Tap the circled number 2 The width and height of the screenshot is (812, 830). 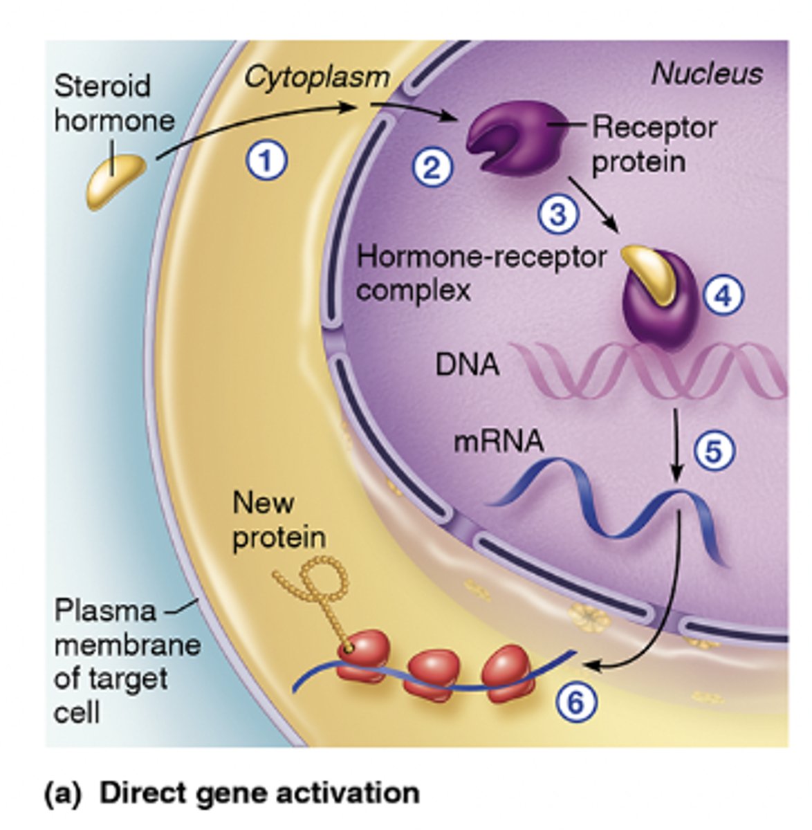click(433, 167)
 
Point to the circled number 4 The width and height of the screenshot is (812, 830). click(723, 297)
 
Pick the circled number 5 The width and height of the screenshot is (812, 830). click(714, 451)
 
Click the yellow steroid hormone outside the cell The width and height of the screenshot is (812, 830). click(116, 181)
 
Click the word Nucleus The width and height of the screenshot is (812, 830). click(707, 74)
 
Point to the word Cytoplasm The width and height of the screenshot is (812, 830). click(317, 77)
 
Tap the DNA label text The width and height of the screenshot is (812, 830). click(467, 365)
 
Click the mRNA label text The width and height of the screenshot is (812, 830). click(498, 441)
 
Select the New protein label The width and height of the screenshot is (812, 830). click(279, 520)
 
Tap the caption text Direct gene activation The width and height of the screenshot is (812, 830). click(259, 793)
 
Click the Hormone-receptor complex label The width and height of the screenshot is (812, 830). click(481, 273)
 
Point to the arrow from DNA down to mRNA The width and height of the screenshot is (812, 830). click(678, 446)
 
